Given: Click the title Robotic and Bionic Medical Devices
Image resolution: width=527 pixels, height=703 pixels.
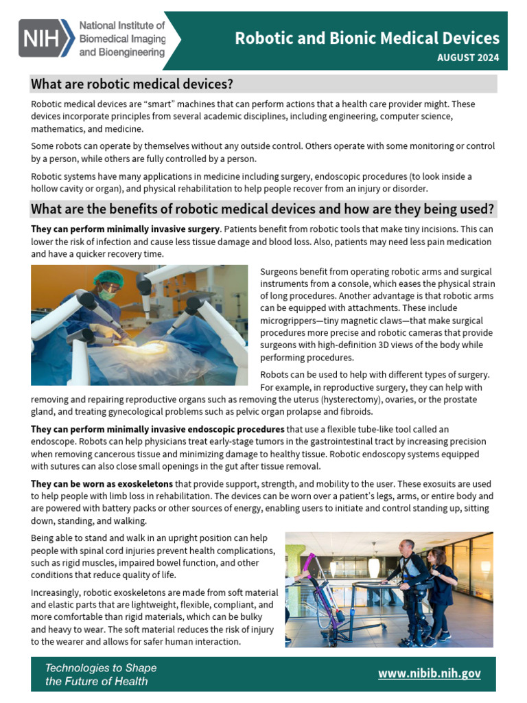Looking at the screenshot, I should coord(367,38).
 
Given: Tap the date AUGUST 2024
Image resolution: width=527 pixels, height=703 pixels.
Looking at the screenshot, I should coord(468,58).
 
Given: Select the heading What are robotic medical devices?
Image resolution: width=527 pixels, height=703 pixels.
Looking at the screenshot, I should coord(132,84).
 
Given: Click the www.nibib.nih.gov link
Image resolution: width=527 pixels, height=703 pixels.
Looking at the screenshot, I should coord(429,673).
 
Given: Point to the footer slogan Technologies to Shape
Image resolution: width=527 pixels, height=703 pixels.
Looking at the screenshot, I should coord(100,667).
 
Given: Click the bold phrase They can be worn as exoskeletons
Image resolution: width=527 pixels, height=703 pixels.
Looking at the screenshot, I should coord(102,484).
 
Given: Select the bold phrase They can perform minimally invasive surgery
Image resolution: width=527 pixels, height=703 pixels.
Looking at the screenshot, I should coord(124,229).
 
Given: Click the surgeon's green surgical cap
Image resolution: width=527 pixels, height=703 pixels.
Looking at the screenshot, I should coord(108,277).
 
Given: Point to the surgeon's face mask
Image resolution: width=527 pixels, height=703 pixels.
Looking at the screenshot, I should coord(105,292).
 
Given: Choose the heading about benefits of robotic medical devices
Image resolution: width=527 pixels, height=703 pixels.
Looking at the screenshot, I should coord(263,209).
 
